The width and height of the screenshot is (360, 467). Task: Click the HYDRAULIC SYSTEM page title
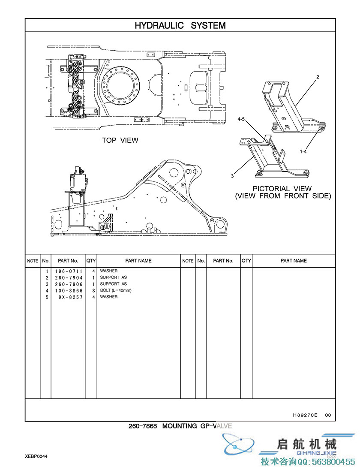pos(180,25)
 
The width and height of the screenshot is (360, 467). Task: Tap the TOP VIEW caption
pos(120,140)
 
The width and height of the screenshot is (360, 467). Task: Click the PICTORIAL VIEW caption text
pos(282,189)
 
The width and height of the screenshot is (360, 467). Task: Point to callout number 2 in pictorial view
pos(318,77)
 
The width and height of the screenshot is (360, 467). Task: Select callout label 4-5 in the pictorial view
pos(241,119)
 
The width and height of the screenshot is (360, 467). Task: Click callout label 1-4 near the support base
pos(303,152)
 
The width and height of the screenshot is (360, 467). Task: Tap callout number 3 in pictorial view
pos(232,176)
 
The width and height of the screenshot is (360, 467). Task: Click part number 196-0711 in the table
pos(69,271)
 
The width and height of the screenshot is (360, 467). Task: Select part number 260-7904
pos(69,277)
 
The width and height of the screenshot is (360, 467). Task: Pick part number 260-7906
pos(69,284)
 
